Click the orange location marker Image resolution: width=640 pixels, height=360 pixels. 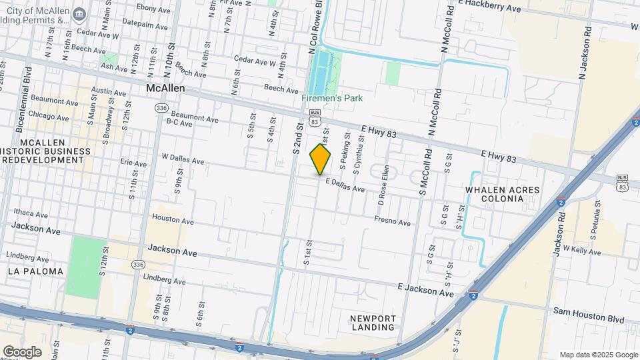point(321,159)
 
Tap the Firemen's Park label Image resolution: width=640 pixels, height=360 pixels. point(332,98)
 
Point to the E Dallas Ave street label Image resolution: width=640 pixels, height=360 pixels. point(345,185)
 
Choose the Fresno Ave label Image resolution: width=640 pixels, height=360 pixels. point(392,221)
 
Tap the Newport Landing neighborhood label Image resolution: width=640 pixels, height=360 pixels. point(373,323)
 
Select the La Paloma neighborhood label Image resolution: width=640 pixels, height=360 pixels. point(36,271)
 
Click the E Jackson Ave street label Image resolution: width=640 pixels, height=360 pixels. point(425,290)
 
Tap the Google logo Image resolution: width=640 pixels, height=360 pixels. point(22,351)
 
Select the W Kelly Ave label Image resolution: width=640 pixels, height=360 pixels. point(582,251)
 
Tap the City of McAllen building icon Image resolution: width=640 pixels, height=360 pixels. point(80,14)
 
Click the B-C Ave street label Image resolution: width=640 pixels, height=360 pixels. point(179,123)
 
